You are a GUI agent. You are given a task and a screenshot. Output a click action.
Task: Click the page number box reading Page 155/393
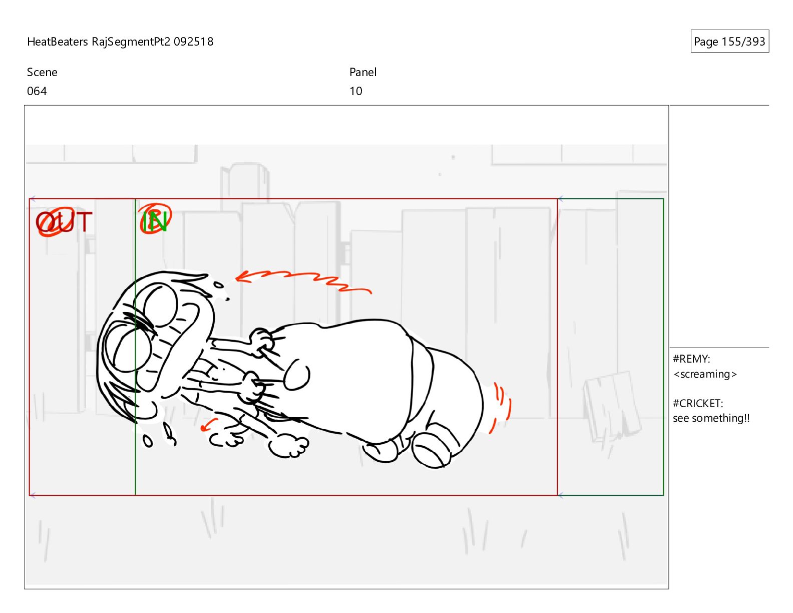coord(729,41)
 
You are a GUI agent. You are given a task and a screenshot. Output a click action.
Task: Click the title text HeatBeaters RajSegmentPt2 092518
coord(120,42)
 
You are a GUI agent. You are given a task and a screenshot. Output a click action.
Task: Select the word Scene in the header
coord(42,72)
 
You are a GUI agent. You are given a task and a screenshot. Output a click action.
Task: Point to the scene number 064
coord(37,91)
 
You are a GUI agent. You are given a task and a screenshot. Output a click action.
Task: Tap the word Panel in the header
coord(363,72)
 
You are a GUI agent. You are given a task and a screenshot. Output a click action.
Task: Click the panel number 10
coord(356,91)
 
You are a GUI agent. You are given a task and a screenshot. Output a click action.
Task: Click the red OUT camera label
coord(64,221)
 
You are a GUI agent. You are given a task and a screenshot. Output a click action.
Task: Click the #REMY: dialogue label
coord(691,359)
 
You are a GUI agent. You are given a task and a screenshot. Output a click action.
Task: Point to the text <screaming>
coord(705,374)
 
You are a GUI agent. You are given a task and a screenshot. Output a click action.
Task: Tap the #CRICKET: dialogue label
coord(698,404)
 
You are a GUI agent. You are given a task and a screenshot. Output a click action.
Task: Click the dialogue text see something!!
coord(711,418)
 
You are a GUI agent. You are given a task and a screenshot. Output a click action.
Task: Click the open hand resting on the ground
coord(289,446)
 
